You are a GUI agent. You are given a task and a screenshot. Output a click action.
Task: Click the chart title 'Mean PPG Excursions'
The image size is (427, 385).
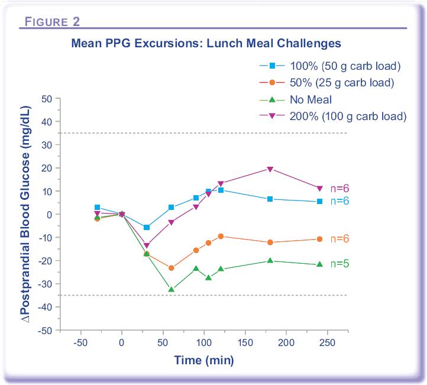tap(206, 43)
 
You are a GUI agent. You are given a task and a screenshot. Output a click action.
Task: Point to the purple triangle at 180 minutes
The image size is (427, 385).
tap(270, 169)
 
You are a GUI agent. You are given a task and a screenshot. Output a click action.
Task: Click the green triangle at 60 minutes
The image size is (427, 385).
tap(172, 289)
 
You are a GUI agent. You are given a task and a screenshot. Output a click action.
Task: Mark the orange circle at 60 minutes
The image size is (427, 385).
tap(172, 268)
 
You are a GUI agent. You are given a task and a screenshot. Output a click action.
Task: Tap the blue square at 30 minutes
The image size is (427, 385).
tap(147, 227)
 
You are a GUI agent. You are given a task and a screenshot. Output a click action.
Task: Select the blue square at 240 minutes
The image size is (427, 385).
tap(320, 202)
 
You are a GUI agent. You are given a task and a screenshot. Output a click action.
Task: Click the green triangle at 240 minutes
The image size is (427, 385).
tap(320, 264)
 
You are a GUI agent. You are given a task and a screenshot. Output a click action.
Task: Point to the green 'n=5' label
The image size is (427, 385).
tap(339, 264)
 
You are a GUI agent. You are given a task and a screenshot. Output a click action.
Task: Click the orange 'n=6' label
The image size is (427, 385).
tap(339, 238)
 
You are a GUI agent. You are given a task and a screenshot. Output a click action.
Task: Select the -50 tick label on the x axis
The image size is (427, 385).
tap(80, 343)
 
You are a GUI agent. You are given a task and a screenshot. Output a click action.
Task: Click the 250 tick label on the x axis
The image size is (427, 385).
tap(327, 343)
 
